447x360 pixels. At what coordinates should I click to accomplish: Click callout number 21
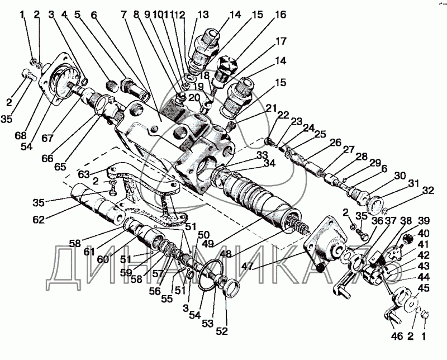272,107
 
